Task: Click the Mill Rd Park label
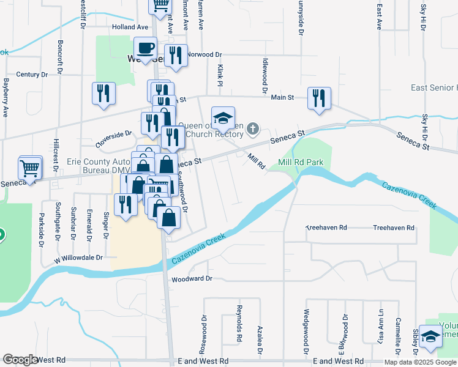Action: pyautogui.click(x=300, y=162)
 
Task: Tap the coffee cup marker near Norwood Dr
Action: pyautogui.click(x=146, y=48)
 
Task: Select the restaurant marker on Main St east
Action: pyautogui.click(x=319, y=98)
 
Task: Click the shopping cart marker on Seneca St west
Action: pyautogui.click(x=30, y=167)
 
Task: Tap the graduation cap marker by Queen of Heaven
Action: pyautogui.click(x=223, y=117)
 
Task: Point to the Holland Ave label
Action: pyautogui.click(x=130, y=27)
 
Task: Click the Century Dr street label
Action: pyautogui.click(x=32, y=75)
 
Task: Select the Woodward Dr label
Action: pyautogui.click(x=192, y=278)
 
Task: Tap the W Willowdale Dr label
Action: pyautogui.click(x=78, y=258)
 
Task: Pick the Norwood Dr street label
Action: pyautogui.click(x=203, y=54)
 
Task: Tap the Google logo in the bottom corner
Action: pyautogui.click(x=20, y=360)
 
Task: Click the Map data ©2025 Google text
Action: pyautogui.click(x=420, y=362)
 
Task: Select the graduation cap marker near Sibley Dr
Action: pyautogui.click(x=431, y=336)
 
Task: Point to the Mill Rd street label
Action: pyautogui.click(x=256, y=161)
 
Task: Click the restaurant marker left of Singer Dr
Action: pyautogui.click(x=126, y=205)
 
